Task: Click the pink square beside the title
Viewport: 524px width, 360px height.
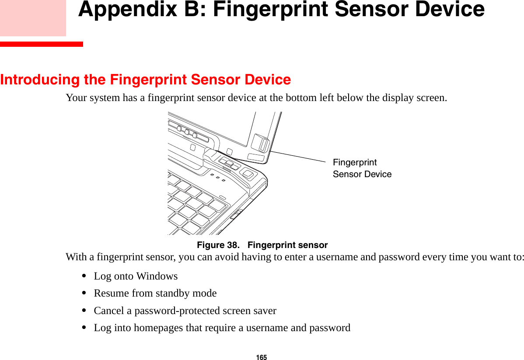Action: [x=33, y=17]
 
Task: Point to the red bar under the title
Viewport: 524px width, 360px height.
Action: [x=42, y=44]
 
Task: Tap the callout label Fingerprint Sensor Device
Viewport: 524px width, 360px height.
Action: [x=362, y=168]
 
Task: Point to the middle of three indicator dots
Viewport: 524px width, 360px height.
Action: [x=217, y=178]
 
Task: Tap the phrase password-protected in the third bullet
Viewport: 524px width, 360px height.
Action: [x=177, y=311]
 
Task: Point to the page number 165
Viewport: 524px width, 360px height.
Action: [x=262, y=357]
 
